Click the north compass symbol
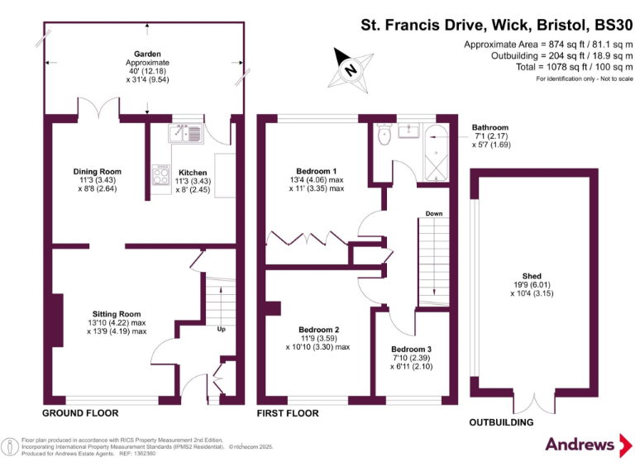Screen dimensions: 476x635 (350, 69)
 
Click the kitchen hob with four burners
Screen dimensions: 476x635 (160, 174)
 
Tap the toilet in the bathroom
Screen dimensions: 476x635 (383, 135)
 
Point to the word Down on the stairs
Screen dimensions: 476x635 (434, 213)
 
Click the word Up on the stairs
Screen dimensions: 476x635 (221, 329)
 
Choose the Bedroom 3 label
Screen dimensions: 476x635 (411, 349)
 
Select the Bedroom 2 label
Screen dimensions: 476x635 (319, 329)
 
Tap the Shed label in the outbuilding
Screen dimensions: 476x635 (532, 277)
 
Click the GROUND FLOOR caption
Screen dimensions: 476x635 (80, 412)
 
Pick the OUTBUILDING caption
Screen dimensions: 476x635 (501, 422)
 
